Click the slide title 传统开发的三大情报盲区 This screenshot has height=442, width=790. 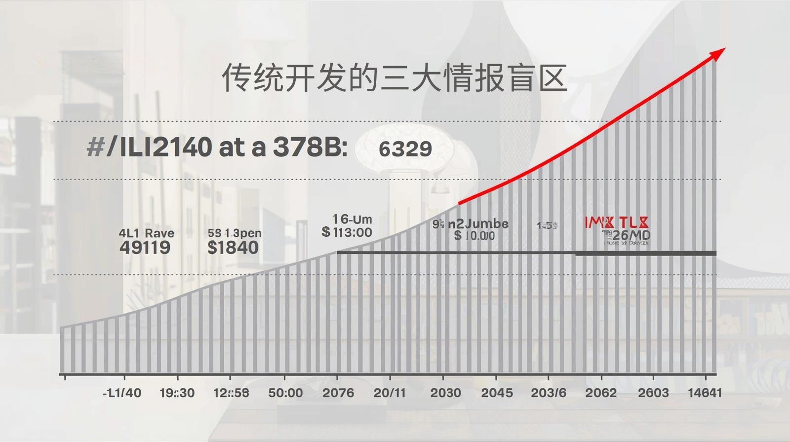click(x=394, y=77)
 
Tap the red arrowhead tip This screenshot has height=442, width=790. click(x=723, y=50)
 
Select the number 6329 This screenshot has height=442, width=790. click(x=405, y=149)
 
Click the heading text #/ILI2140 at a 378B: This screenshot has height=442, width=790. click(x=217, y=147)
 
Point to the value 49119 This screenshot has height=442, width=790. click(x=145, y=248)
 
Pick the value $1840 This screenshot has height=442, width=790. click(x=233, y=247)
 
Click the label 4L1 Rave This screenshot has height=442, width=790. click(x=146, y=233)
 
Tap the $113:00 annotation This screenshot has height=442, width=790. click(x=347, y=232)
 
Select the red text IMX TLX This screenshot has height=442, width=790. click(x=617, y=222)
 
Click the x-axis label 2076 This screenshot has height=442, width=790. click(x=338, y=393)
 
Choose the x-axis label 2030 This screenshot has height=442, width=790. click(x=445, y=393)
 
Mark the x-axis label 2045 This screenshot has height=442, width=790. click(x=497, y=393)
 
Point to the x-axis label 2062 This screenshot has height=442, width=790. click(x=601, y=393)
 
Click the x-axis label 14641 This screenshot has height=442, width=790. click(x=705, y=393)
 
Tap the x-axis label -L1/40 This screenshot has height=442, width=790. click(x=122, y=393)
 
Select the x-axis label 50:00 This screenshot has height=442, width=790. click(x=285, y=393)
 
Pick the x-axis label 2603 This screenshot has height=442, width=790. click(x=653, y=393)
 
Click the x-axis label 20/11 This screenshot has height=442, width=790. click(x=390, y=393)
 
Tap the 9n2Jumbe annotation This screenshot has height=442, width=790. click(x=471, y=224)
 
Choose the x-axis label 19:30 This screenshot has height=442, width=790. click(x=177, y=393)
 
